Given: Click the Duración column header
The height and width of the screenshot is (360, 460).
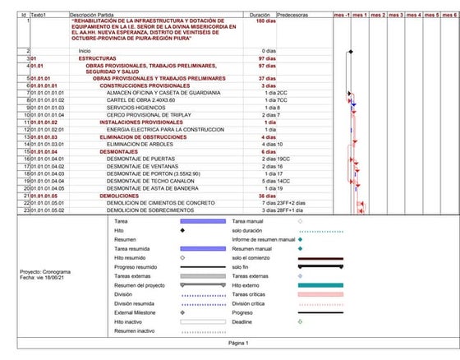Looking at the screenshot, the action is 259,15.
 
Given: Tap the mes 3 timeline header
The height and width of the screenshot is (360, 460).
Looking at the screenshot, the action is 395,15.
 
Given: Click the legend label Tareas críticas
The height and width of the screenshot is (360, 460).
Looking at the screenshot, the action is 253,293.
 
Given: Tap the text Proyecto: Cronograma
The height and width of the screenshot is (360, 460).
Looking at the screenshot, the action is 45,271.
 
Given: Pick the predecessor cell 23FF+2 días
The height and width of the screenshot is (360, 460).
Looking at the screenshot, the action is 292,203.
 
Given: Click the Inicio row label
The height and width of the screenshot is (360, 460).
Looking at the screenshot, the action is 85,51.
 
